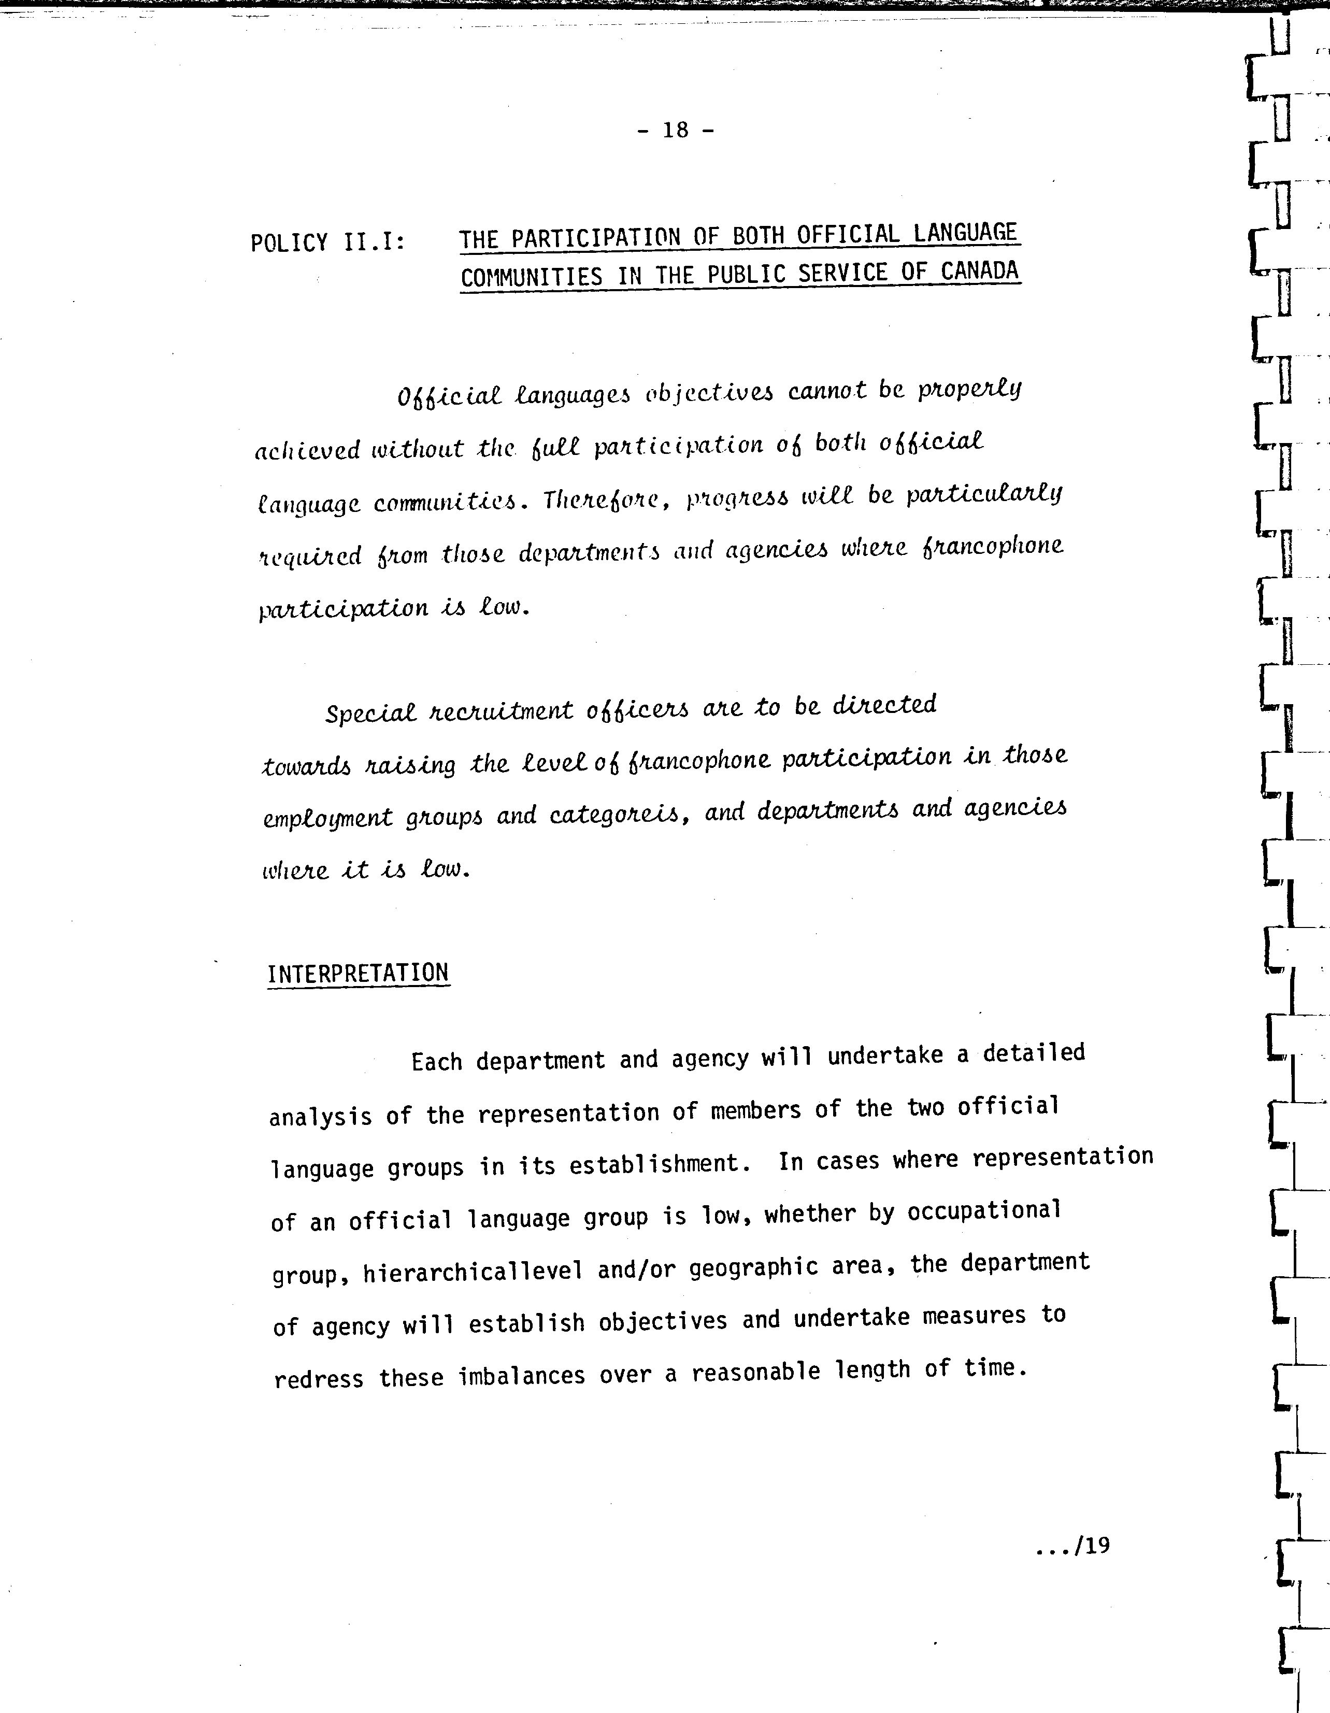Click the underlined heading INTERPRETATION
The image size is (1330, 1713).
pyautogui.click(x=359, y=974)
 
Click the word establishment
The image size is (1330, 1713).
pyautogui.click(x=655, y=1163)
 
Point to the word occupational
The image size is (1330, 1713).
pyautogui.click(x=984, y=1212)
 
